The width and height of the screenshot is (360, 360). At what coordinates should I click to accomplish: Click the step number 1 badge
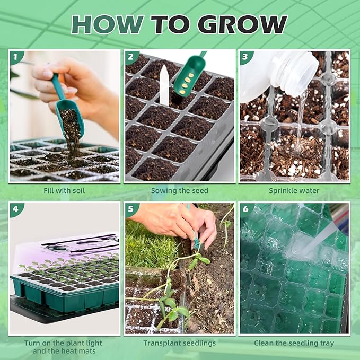pyautogui.click(x=15, y=56)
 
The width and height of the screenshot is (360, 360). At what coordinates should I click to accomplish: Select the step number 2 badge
pyautogui.click(x=131, y=56)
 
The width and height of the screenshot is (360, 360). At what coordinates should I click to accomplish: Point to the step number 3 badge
pyautogui.click(x=245, y=56)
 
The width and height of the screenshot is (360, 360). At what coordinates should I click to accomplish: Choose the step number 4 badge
pyautogui.click(x=15, y=209)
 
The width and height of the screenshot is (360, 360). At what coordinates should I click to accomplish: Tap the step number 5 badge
pyautogui.click(x=131, y=209)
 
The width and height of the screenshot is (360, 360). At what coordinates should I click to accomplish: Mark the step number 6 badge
pyautogui.click(x=245, y=209)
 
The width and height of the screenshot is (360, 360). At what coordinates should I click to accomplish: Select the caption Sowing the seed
pyautogui.click(x=180, y=190)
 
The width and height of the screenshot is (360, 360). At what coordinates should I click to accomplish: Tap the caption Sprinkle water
pyautogui.click(x=294, y=190)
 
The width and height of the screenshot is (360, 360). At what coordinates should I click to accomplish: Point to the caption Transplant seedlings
pyautogui.click(x=180, y=343)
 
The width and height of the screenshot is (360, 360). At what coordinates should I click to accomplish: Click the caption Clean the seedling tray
pyautogui.click(x=294, y=343)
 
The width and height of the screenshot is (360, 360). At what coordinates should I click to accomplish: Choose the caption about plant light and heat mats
pyautogui.click(x=64, y=347)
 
